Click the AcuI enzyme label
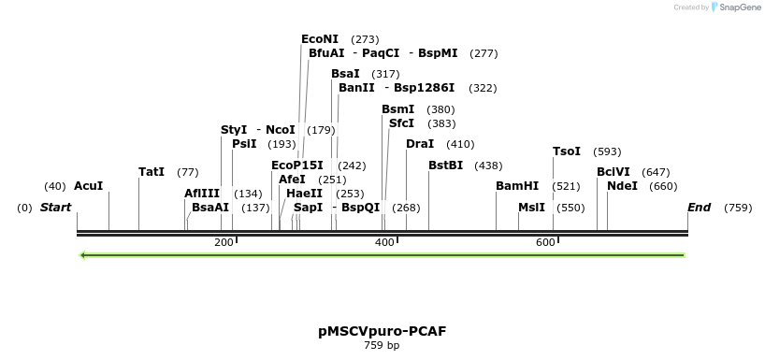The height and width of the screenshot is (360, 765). pyautogui.click(x=88, y=186)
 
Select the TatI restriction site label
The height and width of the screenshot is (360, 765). pyautogui.click(x=151, y=172)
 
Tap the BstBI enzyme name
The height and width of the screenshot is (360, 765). pyautogui.click(x=445, y=166)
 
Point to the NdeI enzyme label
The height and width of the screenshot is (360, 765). pyautogui.click(x=623, y=186)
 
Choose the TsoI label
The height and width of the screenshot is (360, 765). pyautogui.click(x=567, y=151)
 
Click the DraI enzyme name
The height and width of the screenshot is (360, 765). pyautogui.click(x=420, y=144)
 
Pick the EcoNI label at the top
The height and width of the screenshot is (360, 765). pyautogui.click(x=320, y=39)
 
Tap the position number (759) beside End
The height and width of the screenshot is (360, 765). pyautogui.click(x=738, y=208)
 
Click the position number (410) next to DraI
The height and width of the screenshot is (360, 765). pyautogui.click(x=460, y=144)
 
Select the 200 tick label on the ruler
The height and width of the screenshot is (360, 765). pyautogui.click(x=224, y=243)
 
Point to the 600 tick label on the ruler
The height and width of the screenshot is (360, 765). pyautogui.click(x=545, y=243)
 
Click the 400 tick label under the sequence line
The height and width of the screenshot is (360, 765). pyautogui.click(x=384, y=243)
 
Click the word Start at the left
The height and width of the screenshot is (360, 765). pyautogui.click(x=55, y=208)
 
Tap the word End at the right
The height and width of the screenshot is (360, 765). pyautogui.click(x=699, y=208)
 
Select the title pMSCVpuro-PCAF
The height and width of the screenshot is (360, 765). pyautogui.click(x=382, y=331)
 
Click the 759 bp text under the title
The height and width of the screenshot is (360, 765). pyautogui.click(x=382, y=346)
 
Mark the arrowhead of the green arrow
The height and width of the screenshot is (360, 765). pyautogui.click(x=84, y=254)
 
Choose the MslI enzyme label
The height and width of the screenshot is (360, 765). pyautogui.click(x=531, y=208)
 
